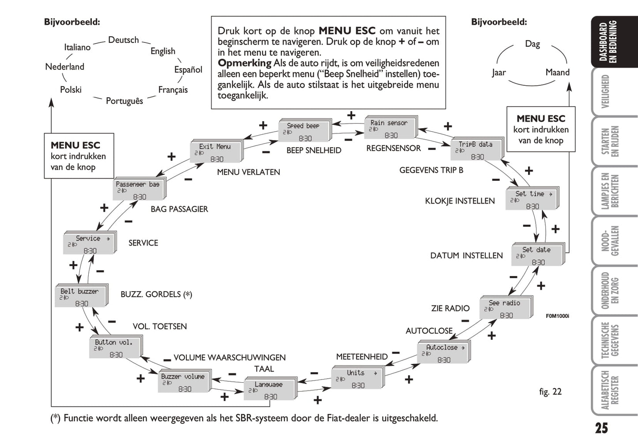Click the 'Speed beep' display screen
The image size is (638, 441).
click(x=304, y=131)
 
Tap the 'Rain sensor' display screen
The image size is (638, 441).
click(x=389, y=129)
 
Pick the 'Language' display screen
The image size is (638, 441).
click(x=269, y=390)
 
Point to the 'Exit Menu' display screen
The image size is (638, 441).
click(x=215, y=152)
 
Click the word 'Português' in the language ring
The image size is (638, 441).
click(x=125, y=101)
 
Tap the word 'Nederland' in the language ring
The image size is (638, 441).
click(x=64, y=67)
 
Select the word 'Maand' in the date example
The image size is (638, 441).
click(x=557, y=72)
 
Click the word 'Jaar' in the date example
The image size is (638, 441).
click(x=499, y=72)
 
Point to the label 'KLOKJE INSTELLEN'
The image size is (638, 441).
click(x=460, y=201)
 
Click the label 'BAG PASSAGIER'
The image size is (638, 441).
click(x=179, y=209)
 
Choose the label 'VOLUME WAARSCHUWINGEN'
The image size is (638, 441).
click(x=229, y=357)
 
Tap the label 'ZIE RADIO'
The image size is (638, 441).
click(x=450, y=308)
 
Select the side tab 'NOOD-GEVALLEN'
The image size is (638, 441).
click(x=610, y=241)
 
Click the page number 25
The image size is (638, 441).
click(x=601, y=428)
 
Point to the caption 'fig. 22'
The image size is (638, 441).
click(x=550, y=392)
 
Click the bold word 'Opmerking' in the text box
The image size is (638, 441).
click(x=244, y=63)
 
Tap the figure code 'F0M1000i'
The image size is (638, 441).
click(x=557, y=316)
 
